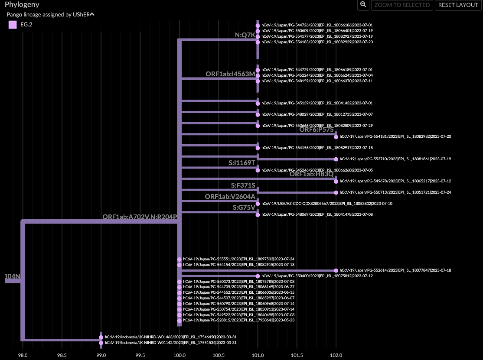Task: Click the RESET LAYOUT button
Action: (x=458, y=5)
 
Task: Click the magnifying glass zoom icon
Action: (x=363, y=5)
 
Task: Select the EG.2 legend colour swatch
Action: (x=13, y=25)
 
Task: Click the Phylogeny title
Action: (x=22, y=5)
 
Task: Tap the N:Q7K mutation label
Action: (x=245, y=35)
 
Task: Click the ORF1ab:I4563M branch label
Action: (x=230, y=74)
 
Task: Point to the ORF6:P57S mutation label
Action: (x=317, y=130)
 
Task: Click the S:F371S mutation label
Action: (x=243, y=185)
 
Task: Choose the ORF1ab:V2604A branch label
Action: (x=230, y=197)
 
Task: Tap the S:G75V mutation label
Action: (x=244, y=208)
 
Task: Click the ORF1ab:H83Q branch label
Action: (x=311, y=174)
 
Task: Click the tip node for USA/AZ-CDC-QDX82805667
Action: (x=258, y=204)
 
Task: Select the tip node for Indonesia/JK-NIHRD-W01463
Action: (x=101, y=337)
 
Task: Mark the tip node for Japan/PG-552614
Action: (x=336, y=270)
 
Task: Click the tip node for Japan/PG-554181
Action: (x=336, y=136)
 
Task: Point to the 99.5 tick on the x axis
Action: (x=140, y=355)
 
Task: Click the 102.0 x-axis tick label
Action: (x=336, y=355)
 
